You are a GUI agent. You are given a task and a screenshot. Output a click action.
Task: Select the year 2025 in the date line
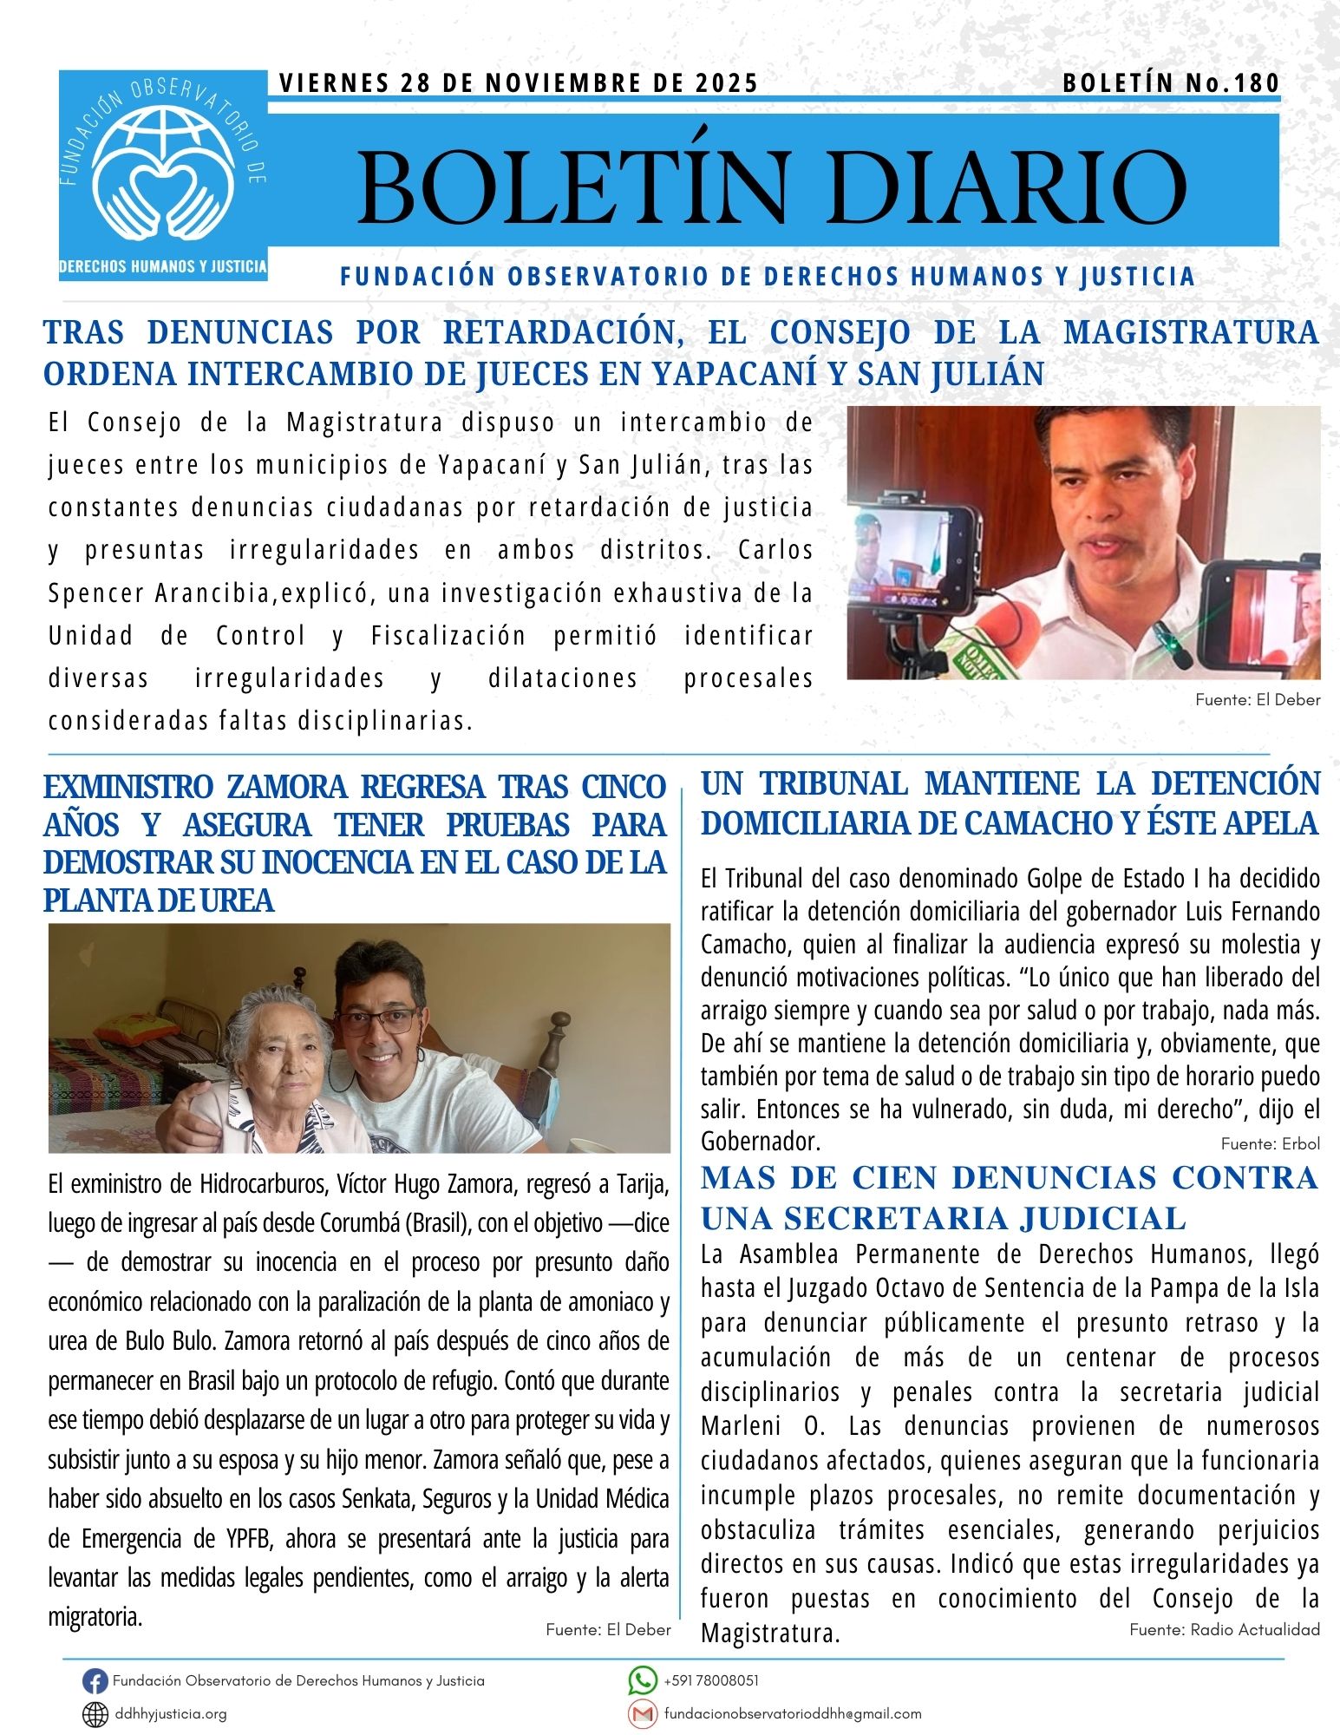(727, 83)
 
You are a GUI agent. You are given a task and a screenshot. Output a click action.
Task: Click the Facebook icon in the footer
(95, 1681)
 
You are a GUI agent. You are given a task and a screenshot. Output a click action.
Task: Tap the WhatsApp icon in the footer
(642, 1680)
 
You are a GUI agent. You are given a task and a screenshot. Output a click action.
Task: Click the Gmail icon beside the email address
(642, 1713)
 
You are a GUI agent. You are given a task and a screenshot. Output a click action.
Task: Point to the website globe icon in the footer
(95, 1714)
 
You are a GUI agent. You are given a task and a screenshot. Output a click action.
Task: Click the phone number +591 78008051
(711, 1680)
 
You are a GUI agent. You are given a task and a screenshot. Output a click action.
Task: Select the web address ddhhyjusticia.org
(171, 1714)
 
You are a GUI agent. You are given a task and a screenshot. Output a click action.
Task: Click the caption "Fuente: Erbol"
(1270, 1143)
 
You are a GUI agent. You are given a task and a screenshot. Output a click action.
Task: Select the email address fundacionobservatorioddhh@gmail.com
(792, 1714)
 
